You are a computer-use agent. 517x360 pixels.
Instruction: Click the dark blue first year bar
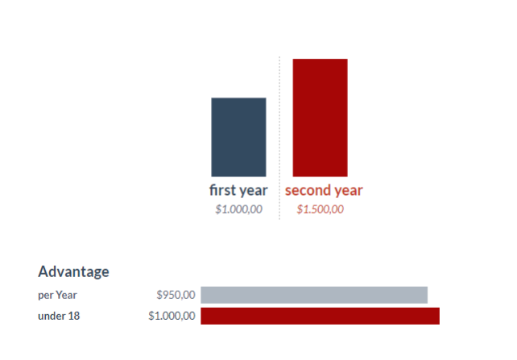click(x=238, y=137)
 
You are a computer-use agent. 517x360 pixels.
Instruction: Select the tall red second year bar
click(x=321, y=118)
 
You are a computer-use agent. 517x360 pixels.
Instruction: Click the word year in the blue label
click(x=253, y=192)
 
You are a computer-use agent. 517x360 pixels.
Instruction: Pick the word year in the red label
click(x=348, y=192)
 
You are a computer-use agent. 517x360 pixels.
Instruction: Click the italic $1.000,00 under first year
click(x=238, y=209)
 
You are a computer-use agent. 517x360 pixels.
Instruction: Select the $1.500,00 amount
click(x=321, y=209)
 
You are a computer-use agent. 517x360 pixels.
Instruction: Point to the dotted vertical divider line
click(x=279, y=138)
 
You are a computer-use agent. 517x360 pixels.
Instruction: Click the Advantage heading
click(x=73, y=272)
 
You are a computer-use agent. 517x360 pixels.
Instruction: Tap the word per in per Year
click(x=45, y=296)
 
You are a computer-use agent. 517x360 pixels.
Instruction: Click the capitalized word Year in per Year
click(x=66, y=295)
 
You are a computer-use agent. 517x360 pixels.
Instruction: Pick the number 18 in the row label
click(x=73, y=316)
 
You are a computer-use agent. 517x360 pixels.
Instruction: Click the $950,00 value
click(x=176, y=295)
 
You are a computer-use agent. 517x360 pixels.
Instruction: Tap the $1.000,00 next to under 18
click(x=172, y=316)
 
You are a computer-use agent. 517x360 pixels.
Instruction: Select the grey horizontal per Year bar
click(x=314, y=295)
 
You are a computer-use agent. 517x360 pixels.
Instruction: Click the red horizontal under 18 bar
click(x=321, y=316)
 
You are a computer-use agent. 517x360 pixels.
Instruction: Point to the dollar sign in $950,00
click(x=159, y=295)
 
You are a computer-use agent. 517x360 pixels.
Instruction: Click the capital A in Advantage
click(x=43, y=271)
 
